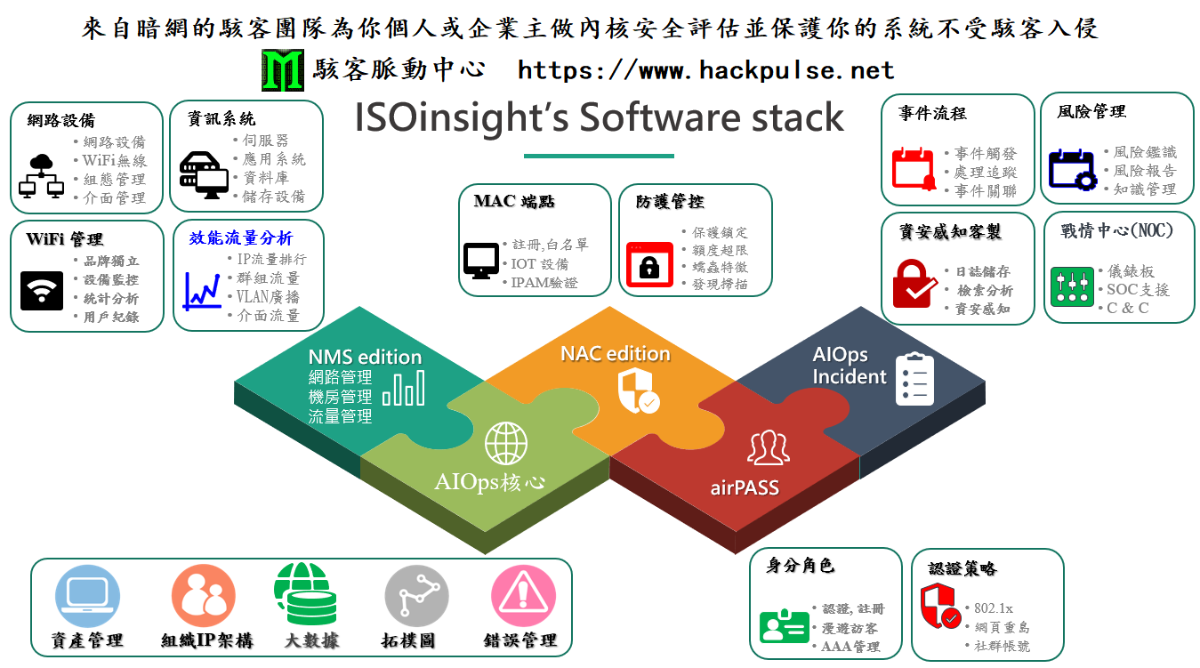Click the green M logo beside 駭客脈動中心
tap(283, 70)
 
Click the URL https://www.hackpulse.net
tap(705, 70)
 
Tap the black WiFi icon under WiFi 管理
tap(42, 291)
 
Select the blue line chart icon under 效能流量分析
tap(202, 292)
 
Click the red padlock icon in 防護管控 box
tap(649, 265)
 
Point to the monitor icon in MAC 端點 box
tap(481, 261)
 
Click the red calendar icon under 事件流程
tap(914, 168)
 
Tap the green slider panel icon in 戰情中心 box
tap(1072, 286)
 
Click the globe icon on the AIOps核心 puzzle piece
tap(506, 444)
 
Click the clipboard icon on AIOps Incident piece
tap(914, 379)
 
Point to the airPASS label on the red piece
tap(745, 488)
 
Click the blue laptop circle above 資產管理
tap(87, 596)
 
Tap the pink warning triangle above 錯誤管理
tap(523, 596)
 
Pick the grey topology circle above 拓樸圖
tap(417, 596)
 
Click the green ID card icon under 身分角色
tap(784, 625)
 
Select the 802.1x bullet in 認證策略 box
tap(993, 608)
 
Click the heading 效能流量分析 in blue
tap(241, 237)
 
